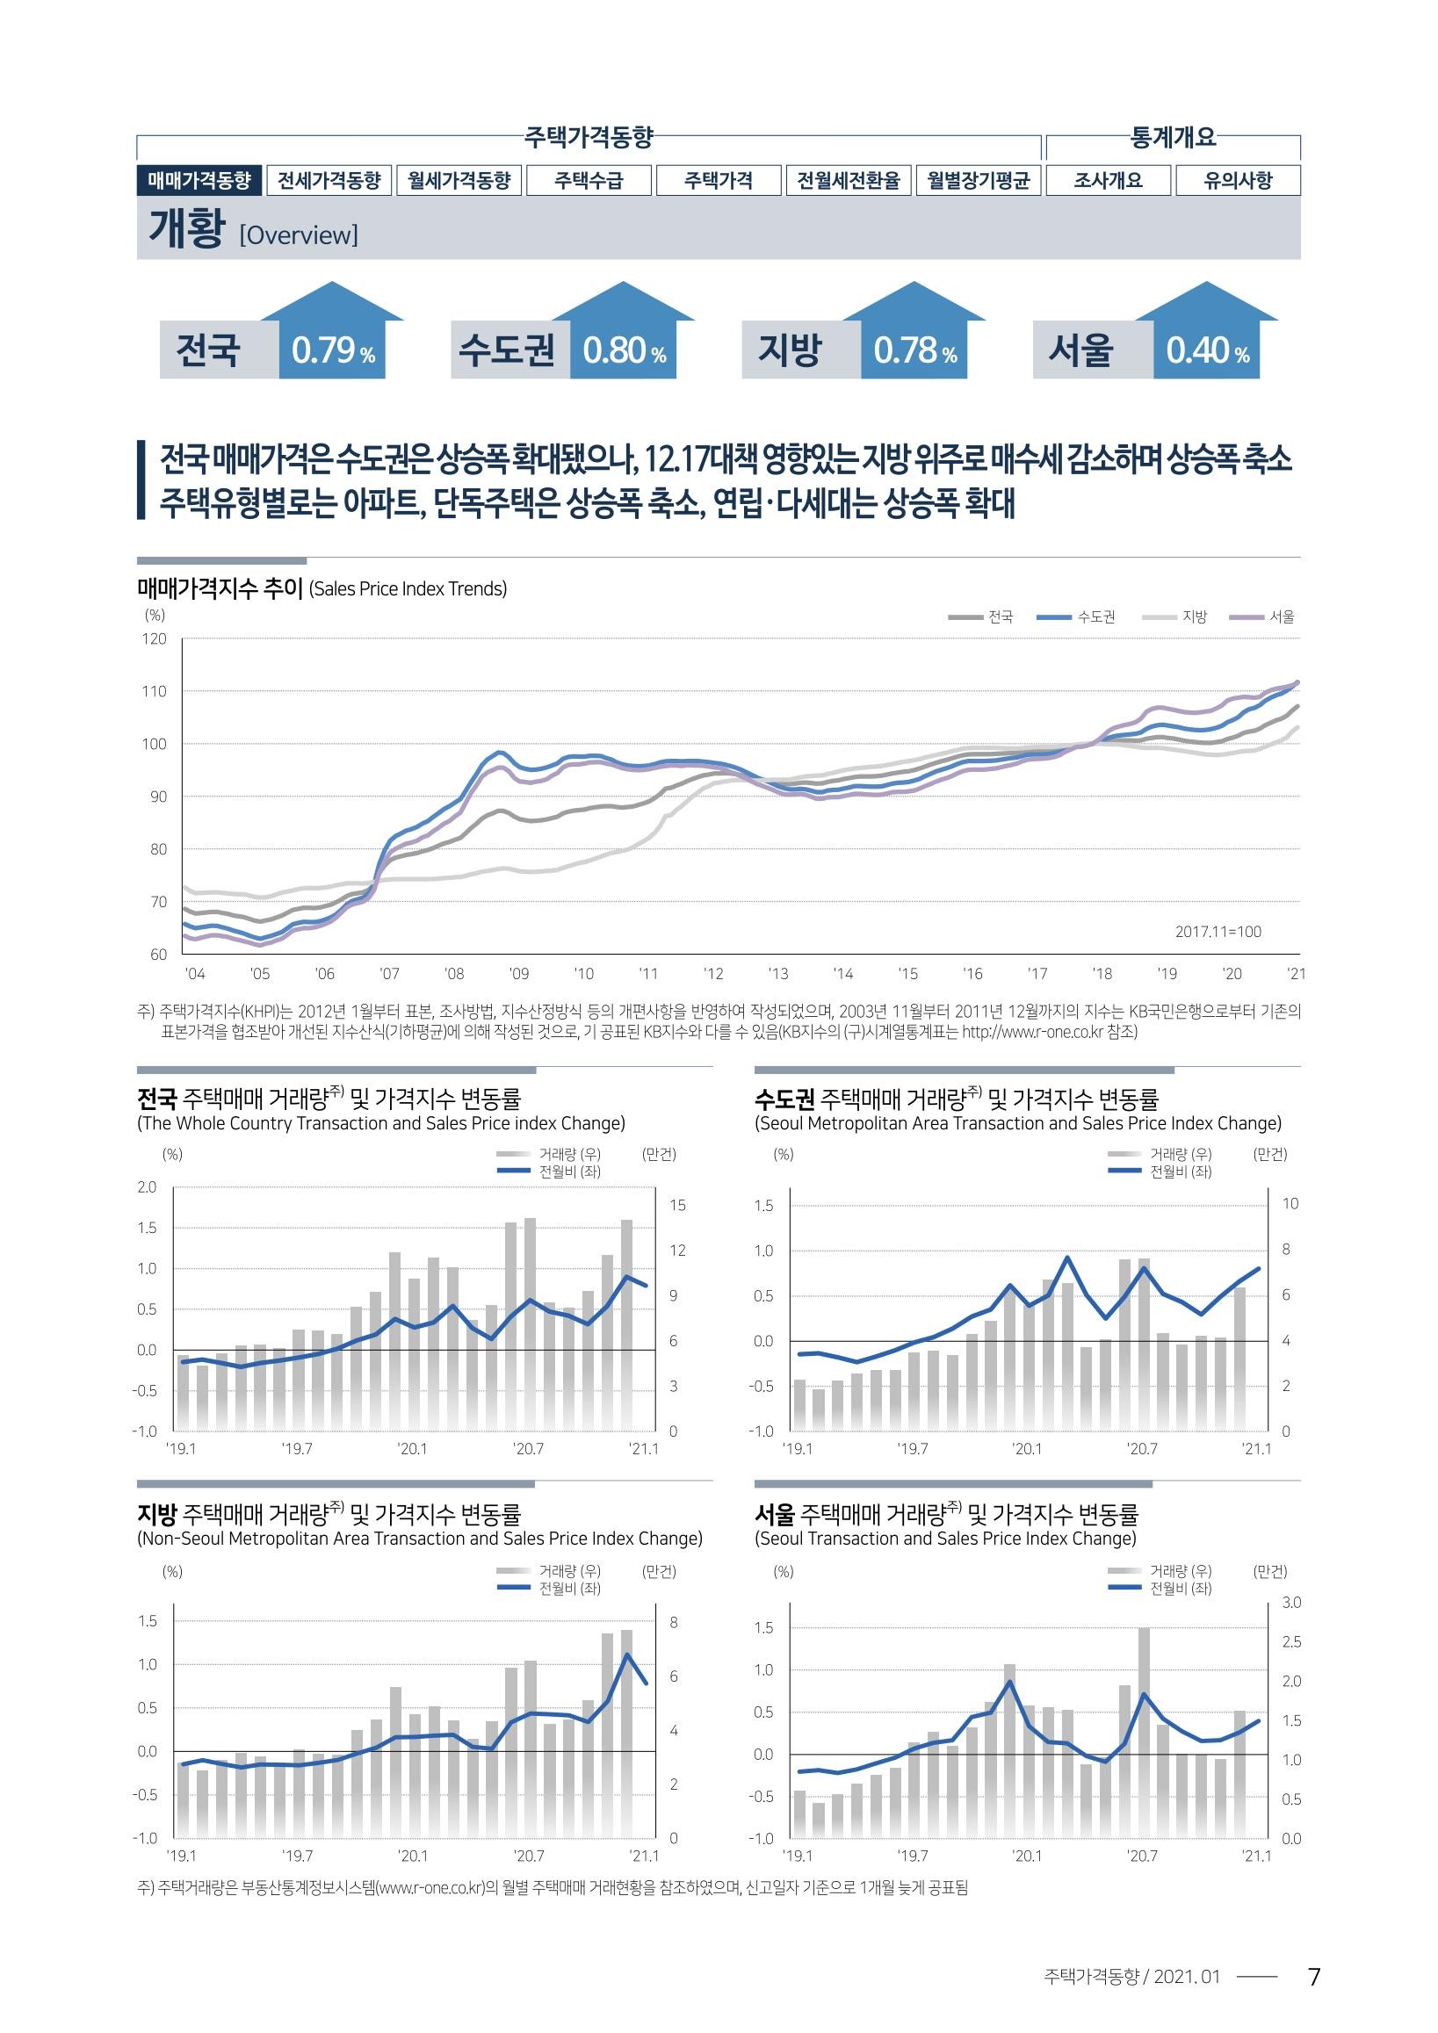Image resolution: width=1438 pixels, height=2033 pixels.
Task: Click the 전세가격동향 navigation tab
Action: click(329, 181)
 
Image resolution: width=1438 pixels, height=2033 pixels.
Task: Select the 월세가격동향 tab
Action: click(459, 181)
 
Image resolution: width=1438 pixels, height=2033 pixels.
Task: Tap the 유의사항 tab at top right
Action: click(1238, 181)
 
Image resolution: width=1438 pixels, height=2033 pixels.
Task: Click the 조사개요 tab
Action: click(1109, 181)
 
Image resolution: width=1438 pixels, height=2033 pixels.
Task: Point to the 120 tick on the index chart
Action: click(153, 638)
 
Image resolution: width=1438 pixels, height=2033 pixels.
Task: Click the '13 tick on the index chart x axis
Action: click(777, 974)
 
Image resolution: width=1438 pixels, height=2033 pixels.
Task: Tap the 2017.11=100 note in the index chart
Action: click(1218, 932)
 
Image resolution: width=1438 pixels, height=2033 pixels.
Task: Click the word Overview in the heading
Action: click(300, 235)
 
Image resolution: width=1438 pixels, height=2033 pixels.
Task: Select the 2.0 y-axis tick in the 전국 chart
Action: click(147, 1186)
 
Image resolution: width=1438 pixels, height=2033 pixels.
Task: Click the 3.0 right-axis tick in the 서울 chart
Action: click(1291, 1603)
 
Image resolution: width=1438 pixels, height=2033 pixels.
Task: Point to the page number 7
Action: click(1314, 1976)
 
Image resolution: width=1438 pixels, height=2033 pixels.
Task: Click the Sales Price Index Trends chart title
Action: click(408, 589)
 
